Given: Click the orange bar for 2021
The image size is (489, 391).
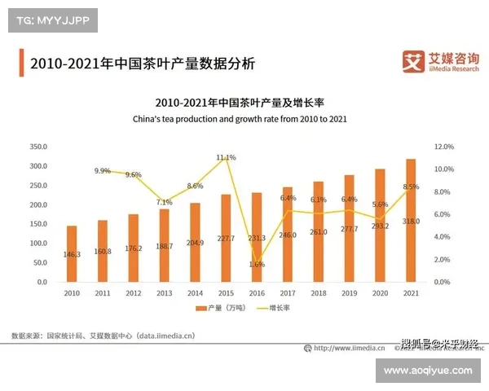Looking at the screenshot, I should click(411, 220).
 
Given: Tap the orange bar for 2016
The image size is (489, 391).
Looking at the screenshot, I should click(257, 237).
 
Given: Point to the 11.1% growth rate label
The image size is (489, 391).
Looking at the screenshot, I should click(226, 157).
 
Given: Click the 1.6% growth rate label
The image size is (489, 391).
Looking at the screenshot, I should click(256, 265).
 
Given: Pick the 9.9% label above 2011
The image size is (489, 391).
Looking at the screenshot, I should click(103, 171).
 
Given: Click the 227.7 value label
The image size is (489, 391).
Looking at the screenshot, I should click(226, 239).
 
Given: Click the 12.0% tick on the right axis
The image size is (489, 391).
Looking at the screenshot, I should click(443, 147).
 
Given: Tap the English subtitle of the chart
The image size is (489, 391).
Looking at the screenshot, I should click(240, 119).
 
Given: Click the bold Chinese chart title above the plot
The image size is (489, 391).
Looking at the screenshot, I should click(240, 103).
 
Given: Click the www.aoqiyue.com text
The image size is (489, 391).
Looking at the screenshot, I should click(427, 371).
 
